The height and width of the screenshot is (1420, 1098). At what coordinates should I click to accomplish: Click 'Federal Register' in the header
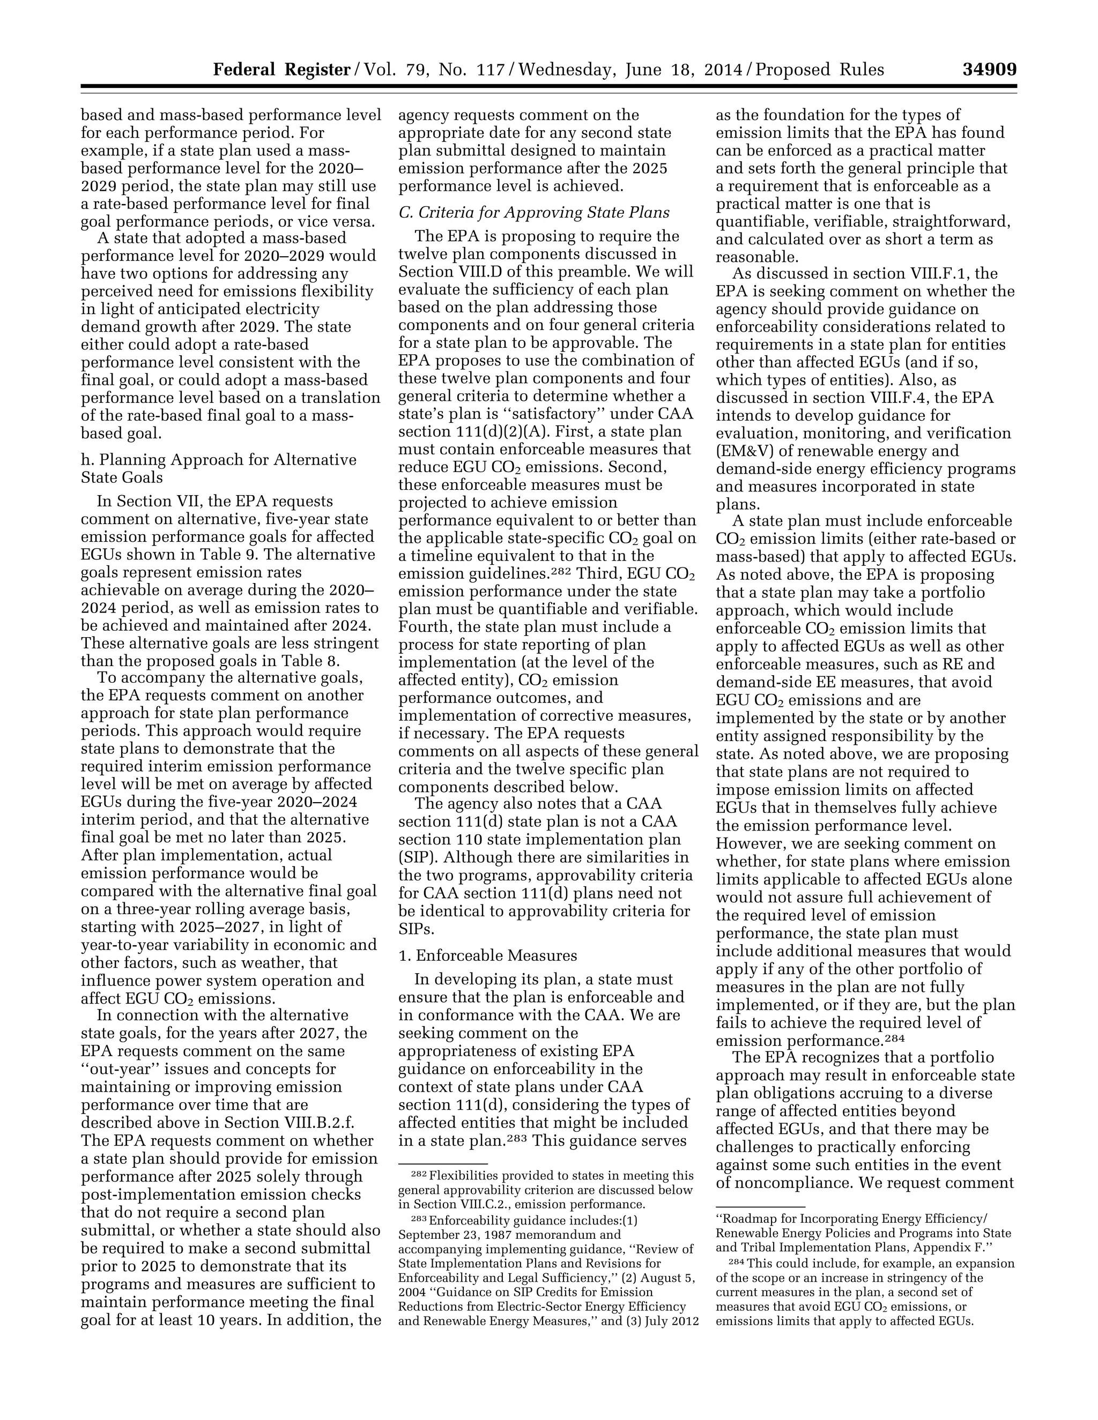tap(281, 70)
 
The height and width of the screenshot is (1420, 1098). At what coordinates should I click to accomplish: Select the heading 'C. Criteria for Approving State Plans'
tap(533, 213)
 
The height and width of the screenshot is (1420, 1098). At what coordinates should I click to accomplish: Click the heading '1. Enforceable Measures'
tap(487, 955)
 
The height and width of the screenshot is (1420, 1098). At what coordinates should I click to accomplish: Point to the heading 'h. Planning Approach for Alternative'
tap(219, 460)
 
